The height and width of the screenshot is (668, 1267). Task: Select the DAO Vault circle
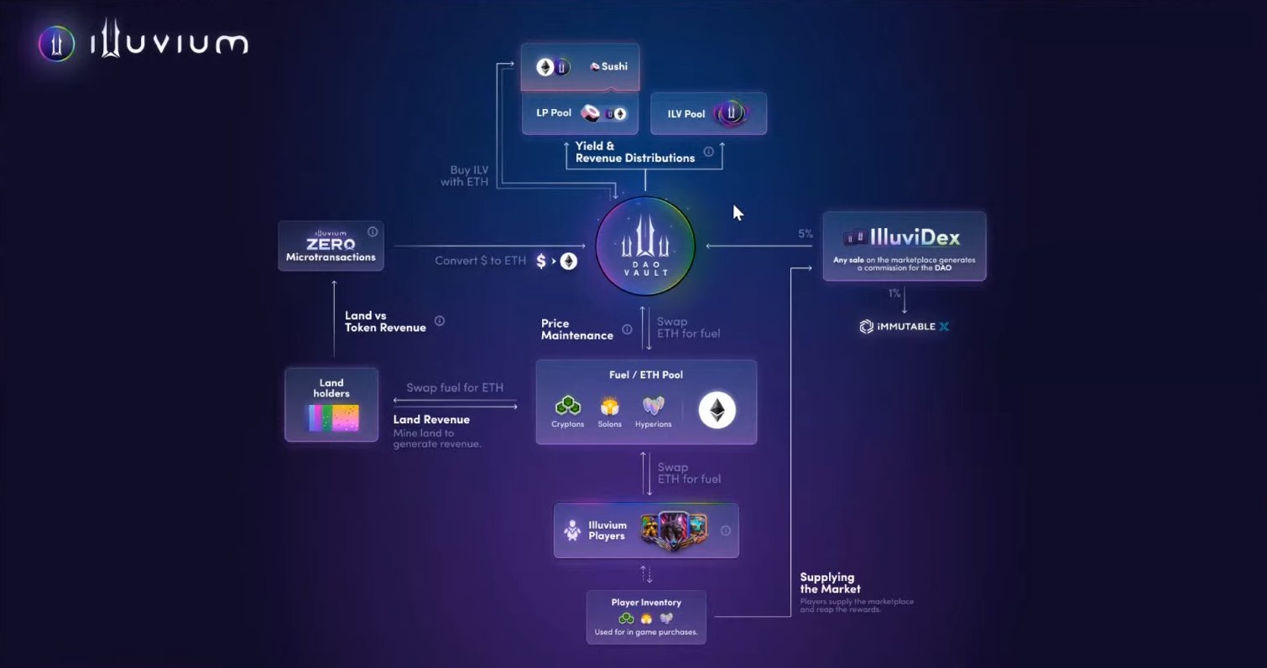tap(645, 246)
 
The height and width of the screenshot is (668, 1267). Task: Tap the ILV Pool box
tap(708, 113)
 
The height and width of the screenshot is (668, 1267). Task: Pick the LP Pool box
tap(580, 113)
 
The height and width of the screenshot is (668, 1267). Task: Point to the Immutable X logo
tap(904, 326)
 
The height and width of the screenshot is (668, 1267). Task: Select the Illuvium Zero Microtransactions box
tap(331, 246)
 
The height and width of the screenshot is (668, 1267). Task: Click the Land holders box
tap(331, 404)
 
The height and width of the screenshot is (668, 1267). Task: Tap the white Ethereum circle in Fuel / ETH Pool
tap(717, 410)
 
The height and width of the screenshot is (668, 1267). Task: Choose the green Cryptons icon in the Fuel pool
tap(567, 406)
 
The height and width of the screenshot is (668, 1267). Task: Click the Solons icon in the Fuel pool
tap(609, 406)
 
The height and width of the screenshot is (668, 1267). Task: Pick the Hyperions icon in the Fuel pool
tap(653, 406)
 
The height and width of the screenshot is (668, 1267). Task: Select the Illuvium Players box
tap(645, 530)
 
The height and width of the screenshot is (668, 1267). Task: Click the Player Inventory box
tap(645, 617)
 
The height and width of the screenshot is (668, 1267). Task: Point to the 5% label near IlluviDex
tap(805, 234)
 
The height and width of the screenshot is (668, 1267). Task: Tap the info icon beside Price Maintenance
tap(627, 329)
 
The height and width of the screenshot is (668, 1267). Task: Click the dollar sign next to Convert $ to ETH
tap(541, 261)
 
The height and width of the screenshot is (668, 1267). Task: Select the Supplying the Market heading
tap(826, 583)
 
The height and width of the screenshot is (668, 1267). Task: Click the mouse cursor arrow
tap(738, 212)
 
